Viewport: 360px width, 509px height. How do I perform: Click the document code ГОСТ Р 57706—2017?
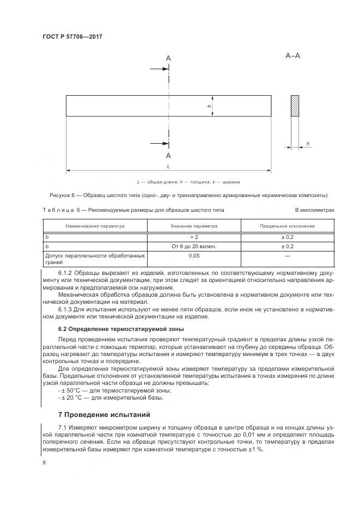(72, 36)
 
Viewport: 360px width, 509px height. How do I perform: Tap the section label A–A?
(292, 56)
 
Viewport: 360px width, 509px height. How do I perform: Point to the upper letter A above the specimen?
(168, 58)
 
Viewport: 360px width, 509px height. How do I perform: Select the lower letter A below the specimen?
(168, 155)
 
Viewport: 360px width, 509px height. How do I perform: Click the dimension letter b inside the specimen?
(209, 106)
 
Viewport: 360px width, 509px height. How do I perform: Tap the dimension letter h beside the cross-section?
(308, 143)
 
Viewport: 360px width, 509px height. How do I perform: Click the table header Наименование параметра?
(95, 226)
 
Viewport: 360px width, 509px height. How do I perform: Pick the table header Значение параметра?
(194, 226)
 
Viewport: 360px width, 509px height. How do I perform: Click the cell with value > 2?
(194, 237)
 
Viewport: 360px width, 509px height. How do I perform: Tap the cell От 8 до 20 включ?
(194, 247)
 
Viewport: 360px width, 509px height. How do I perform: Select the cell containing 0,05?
(194, 255)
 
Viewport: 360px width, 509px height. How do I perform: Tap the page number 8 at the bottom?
(44, 462)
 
